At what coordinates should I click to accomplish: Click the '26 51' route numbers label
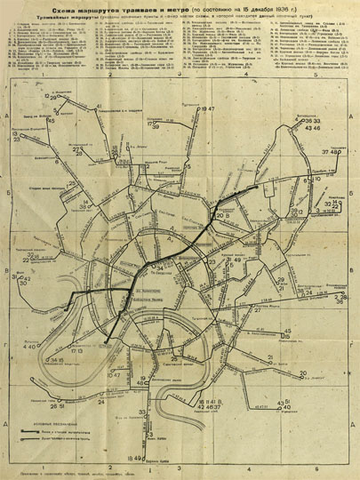(x=59, y=406)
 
